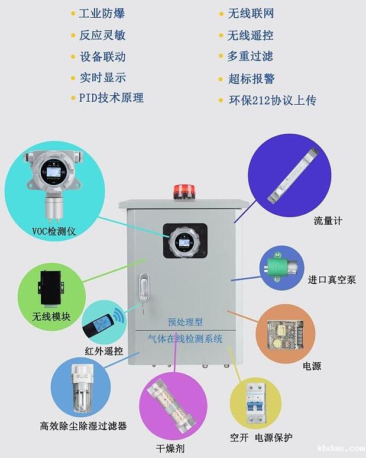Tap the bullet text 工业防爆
pos(102,13)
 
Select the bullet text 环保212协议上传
pos(273,100)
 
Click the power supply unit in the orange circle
pos(283,334)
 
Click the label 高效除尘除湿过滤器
pos(83,425)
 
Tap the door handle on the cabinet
pos(142,289)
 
